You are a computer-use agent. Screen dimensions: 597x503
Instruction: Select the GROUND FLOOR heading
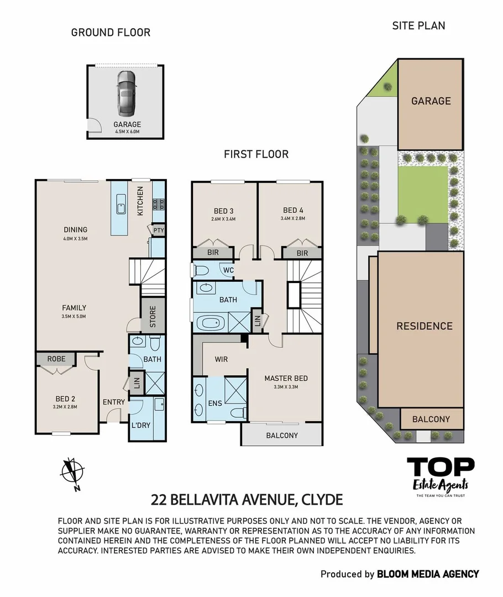coord(111,33)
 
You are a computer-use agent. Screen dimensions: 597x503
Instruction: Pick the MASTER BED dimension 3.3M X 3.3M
coord(285,387)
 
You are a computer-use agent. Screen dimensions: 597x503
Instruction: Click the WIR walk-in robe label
coord(220,359)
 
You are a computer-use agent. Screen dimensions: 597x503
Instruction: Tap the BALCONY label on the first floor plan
coord(282,436)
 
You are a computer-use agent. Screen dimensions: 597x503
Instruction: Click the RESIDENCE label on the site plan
coord(424,326)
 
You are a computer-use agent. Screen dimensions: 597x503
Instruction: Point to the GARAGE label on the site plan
coord(431,101)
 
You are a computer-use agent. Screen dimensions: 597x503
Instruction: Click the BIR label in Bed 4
coord(302,253)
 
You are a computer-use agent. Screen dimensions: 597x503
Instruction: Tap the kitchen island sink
coord(121,207)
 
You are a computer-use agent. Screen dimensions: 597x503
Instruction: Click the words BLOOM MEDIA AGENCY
coord(428,574)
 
